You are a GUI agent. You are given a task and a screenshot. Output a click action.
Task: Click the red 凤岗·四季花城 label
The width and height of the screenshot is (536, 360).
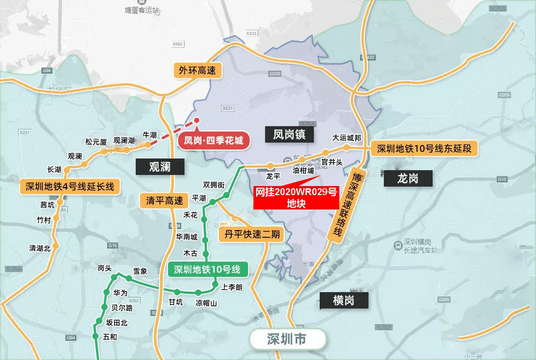pos(214,141)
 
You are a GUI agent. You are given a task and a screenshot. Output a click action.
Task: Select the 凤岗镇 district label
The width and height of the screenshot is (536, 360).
pos(293,134)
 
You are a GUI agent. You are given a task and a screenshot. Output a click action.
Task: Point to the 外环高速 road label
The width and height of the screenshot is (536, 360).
pos(197,70)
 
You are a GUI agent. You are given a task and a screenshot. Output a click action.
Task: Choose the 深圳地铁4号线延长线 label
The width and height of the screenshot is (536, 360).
pos(69,187)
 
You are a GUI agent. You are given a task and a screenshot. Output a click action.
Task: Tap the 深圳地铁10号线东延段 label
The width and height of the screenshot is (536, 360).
pos(424,148)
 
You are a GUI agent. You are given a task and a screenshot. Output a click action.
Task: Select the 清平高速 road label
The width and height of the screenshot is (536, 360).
pos(164,200)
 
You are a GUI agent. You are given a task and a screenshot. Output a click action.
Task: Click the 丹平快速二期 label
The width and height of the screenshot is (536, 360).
pos(251,234)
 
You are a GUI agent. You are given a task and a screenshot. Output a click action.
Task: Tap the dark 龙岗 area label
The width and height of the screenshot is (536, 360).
pos(408,178)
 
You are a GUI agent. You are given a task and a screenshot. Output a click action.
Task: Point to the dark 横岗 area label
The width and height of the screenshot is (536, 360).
pos(343,301)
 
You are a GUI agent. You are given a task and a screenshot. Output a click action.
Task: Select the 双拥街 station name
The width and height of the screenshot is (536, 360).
pos(214,185)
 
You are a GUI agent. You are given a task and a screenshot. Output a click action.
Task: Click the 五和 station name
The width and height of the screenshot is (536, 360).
pos(110,337)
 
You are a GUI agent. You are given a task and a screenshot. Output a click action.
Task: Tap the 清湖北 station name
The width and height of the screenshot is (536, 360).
pos(40,248)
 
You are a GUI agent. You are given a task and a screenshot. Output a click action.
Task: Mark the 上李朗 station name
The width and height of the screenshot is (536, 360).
pos(232,288)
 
